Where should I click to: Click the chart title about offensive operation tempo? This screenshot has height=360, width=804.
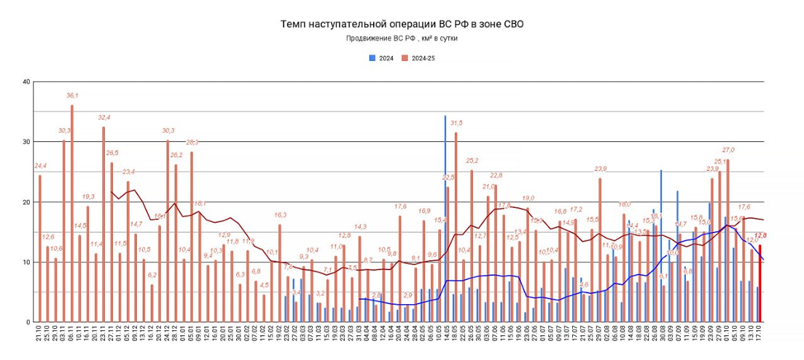[x=402, y=24]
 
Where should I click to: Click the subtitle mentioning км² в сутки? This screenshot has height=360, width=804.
[x=402, y=39]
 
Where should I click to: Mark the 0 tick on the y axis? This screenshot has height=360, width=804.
[x=27, y=322]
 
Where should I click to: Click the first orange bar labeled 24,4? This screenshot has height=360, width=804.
[x=40, y=248]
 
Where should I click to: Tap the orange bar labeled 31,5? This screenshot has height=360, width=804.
[x=456, y=227]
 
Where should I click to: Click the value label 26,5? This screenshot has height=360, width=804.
[x=112, y=153]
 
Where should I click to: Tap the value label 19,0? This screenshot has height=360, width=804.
[x=527, y=198]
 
